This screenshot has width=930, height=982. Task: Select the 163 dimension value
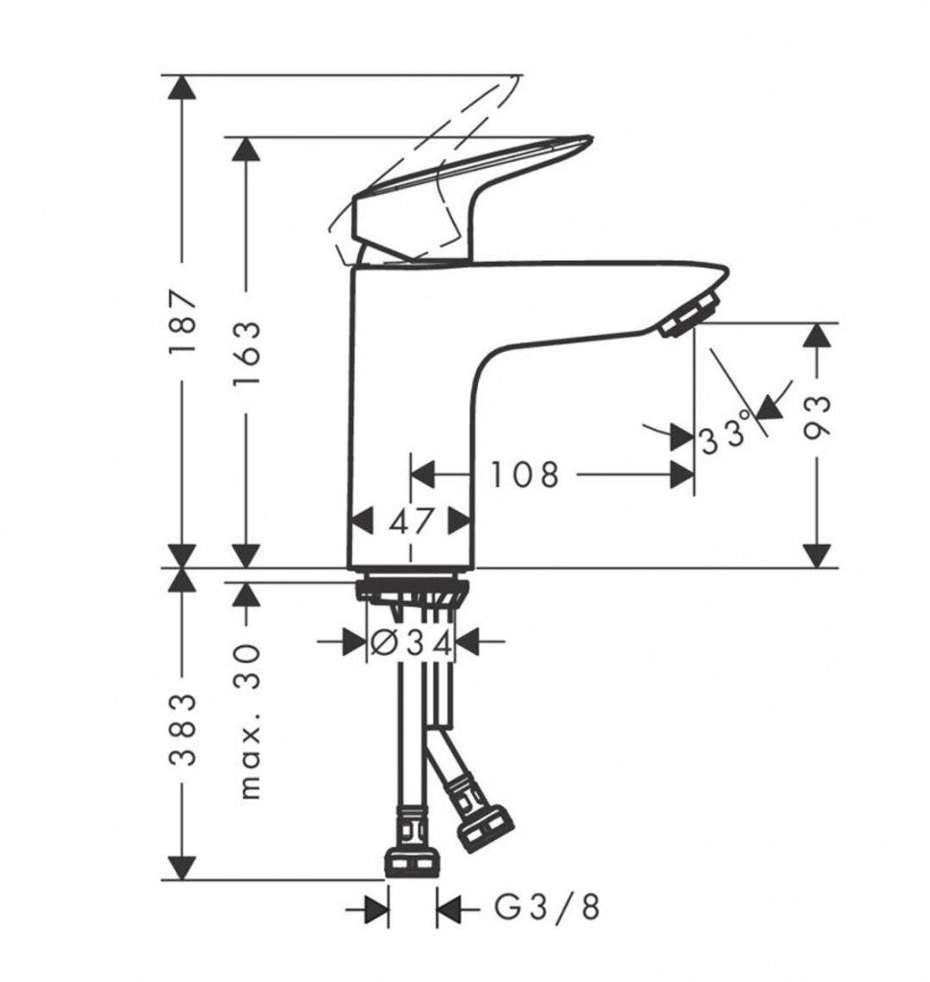pyautogui.click(x=246, y=354)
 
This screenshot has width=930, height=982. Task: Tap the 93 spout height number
pyautogui.click(x=817, y=417)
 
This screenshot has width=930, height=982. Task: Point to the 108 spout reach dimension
pyautogui.click(x=524, y=475)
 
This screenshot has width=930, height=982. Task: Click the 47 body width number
pyautogui.click(x=411, y=521)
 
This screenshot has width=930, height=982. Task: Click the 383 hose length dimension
pyautogui.click(x=183, y=730)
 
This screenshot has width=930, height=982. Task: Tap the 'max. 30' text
pyautogui.click(x=250, y=720)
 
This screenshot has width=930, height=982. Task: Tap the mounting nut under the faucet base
pyautogui.click(x=413, y=593)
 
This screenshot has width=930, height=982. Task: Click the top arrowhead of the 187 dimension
pyautogui.click(x=182, y=87)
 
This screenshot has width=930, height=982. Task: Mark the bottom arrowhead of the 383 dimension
pyautogui.click(x=182, y=867)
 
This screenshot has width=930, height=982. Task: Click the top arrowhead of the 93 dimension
pyautogui.click(x=817, y=336)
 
